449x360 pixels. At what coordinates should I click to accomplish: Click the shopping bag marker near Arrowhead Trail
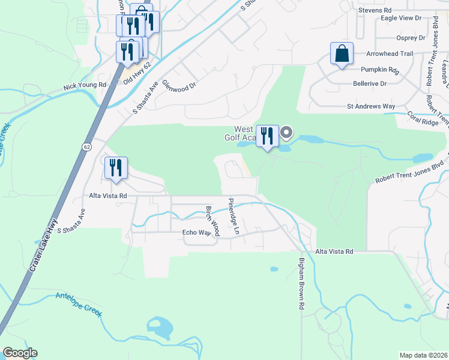[x=342, y=53]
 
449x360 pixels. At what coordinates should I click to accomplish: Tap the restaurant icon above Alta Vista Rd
[x=116, y=169]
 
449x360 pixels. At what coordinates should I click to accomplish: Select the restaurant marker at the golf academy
[x=267, y=136]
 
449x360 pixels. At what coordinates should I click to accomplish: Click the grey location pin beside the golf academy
[x=286, y=133]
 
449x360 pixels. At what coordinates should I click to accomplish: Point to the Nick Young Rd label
[x=85, y=86]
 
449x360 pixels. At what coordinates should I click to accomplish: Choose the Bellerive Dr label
[x=370, y=84]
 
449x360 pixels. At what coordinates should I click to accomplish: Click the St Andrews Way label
[x=371, y=106]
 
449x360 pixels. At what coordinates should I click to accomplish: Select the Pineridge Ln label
[x=232, y=215]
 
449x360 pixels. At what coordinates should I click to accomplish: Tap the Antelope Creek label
[x=79, y=305]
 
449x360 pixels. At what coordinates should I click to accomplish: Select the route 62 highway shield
[x=88, y=146]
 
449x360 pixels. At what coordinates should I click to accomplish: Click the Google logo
[x=20, y=353]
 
